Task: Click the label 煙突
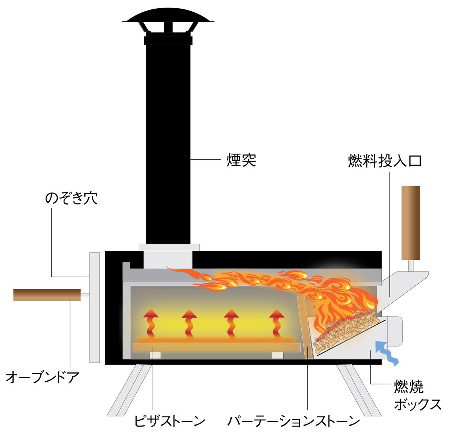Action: [241, 160]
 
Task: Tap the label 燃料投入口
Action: [384, 161]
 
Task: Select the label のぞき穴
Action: [71, 198]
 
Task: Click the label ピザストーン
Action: [169, 421]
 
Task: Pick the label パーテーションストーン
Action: [294, 421]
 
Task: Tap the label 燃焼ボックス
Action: [417, 395]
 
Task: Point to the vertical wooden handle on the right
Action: [411, 223]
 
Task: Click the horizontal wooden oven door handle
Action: [47, 295]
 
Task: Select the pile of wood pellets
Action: [345, 330]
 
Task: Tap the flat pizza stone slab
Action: [217, 348]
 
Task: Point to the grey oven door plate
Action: [95, 307]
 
